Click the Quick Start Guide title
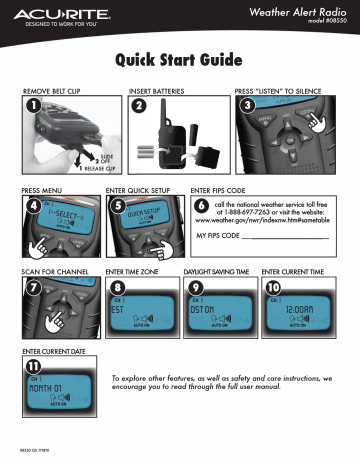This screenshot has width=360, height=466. (x=180, y=62)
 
